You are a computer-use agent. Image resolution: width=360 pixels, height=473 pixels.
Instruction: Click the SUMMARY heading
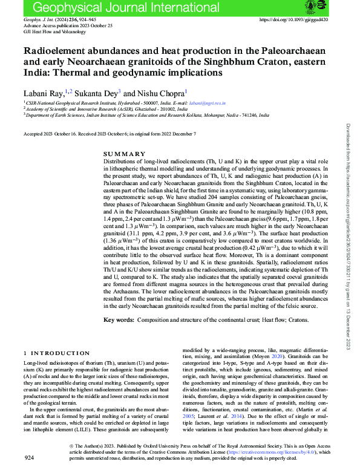click(124, 154)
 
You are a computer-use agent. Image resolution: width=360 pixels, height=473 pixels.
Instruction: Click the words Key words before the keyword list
click(119, 319)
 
